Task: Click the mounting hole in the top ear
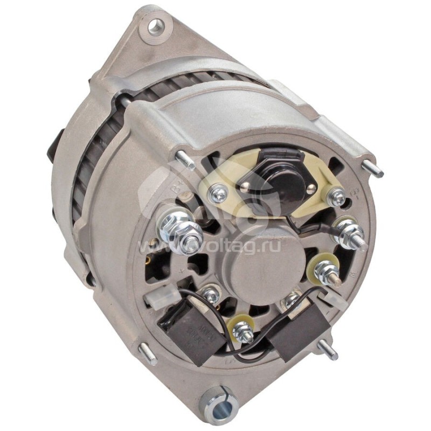click(x=157, y=25)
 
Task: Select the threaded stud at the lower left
click(x=147, y=353)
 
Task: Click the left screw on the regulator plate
click(x=220, y=191)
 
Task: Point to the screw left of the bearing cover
click(x=211, y=295)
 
